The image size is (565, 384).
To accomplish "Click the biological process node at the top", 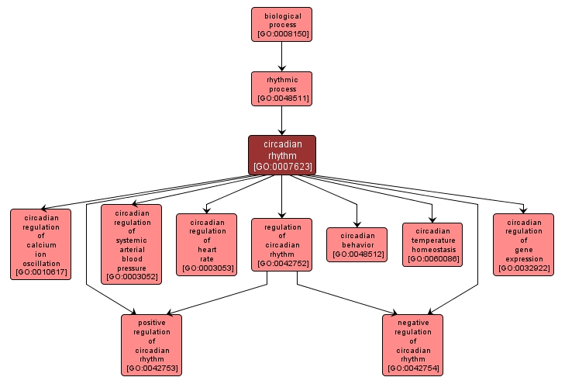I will click(x=281, y=24).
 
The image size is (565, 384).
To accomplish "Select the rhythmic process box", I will click(x=281, y=88).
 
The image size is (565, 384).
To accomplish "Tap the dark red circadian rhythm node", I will click(x=281, y=154).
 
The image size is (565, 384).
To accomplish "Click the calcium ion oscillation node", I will click(x=40, y=244).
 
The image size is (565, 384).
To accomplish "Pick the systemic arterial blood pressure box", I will click(x=131, y=244).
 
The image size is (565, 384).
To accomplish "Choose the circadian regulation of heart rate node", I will click(x=206, y=245).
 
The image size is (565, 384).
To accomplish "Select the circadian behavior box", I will click(x=357, y=244).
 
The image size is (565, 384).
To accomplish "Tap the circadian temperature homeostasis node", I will click(x=432, y=244).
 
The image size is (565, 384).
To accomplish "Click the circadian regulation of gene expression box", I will click(x=523, y=244).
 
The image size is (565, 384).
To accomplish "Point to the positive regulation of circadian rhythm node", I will click(x=151, y=345).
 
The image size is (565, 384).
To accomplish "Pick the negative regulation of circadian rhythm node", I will click(x=412, y=345).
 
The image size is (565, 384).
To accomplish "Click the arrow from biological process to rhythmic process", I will click(x=281, y=56).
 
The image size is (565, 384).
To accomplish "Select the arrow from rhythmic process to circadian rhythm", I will click(x=281, y=120).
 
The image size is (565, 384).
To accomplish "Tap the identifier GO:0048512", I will click(x=357, y=254).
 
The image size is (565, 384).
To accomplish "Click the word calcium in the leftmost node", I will click(x=40, y=245).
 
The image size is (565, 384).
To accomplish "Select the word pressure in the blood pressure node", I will click(x=131, y=267).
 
